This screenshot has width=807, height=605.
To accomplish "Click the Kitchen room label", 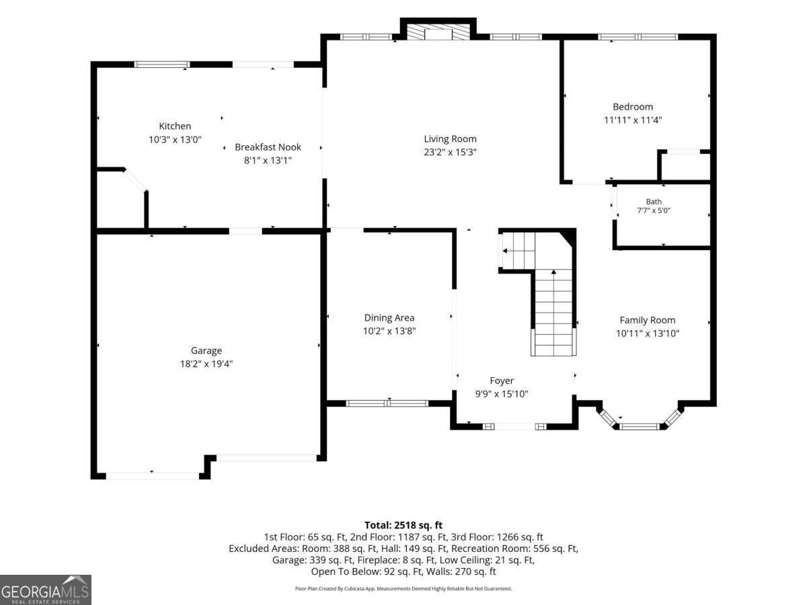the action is (175, 126).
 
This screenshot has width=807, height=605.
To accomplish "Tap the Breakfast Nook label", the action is (268, 147).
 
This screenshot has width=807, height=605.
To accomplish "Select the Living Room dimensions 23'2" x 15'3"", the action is (450, 152).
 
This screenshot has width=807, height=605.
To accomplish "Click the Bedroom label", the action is (633, 107).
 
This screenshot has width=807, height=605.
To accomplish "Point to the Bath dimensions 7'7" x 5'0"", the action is (654, 210).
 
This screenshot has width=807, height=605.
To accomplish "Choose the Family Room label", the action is (648, 321).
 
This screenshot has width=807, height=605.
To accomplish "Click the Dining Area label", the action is (389, 318).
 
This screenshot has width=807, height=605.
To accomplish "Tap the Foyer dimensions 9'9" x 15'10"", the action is (502, 394).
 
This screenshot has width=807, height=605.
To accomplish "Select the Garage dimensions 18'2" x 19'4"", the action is (206, 364).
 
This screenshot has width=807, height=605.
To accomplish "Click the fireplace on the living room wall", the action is (438, 32).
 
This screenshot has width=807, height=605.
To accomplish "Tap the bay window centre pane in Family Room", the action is (640, 426).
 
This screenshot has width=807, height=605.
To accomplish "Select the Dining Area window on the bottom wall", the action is (387, 403).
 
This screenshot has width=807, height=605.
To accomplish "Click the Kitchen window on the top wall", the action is (162, 65).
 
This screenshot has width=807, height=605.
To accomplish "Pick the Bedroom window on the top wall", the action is (638, 37).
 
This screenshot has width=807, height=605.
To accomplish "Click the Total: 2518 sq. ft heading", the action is (403, 525).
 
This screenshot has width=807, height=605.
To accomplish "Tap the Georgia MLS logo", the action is (46, 590).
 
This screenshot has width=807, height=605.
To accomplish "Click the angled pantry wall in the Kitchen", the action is (136, 180).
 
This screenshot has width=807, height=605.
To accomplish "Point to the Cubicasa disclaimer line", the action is (403, 589).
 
